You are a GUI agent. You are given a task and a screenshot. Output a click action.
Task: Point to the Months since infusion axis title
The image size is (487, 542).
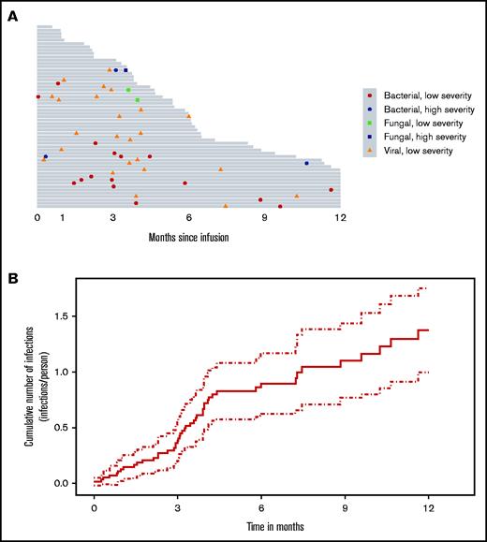188,236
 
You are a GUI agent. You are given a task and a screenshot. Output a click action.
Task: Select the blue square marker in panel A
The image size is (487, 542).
125,70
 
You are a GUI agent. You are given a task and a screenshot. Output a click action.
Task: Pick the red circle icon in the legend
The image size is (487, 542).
371,95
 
